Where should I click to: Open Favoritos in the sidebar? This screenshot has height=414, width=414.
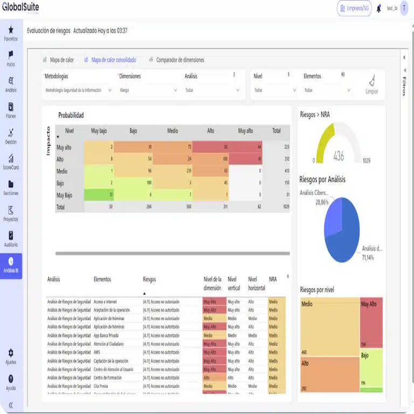click(11, 33)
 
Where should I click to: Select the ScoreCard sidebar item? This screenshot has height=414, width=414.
click(11, 162)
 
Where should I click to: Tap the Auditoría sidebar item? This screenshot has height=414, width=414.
click(11, 239)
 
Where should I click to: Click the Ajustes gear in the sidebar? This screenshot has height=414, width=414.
click(11, 355)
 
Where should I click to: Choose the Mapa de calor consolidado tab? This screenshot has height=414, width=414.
click(113, 60)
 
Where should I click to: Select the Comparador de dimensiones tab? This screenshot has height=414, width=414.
click(180, 60)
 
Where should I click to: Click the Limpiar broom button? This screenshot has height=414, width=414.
click(372, 85)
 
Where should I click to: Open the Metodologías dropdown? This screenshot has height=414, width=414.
click(78, 91)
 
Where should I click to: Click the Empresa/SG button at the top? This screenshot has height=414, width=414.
click(354, 8)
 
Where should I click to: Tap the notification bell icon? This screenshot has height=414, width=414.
click(379, 8)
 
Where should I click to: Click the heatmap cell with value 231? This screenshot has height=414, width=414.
click(172, 171)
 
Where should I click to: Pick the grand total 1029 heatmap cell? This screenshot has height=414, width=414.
click(277, 206)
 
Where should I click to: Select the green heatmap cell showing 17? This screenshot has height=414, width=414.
click(99, 195)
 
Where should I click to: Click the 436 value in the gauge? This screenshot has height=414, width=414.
click(339, 156)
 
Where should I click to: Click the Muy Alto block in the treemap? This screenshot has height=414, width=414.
click(371, 321)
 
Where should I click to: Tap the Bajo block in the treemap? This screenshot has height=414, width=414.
click(371, 367)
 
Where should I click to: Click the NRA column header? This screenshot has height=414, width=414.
click(273, 279)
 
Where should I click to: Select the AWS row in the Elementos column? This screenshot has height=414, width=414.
click(98, 352)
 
